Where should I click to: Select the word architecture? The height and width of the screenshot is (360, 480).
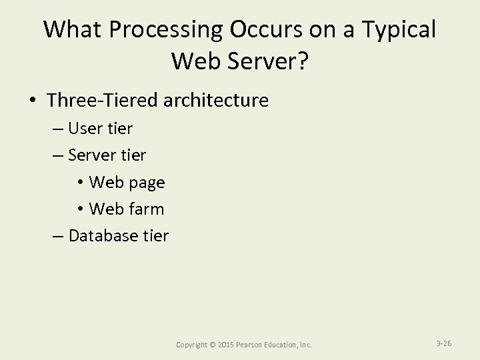215,101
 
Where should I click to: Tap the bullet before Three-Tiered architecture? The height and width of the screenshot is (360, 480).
32,101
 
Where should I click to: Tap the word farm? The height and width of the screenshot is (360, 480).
146,209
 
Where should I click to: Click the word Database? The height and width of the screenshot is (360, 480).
101,235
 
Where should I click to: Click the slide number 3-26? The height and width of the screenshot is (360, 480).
444,343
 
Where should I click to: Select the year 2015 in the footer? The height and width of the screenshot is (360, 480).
226,345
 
